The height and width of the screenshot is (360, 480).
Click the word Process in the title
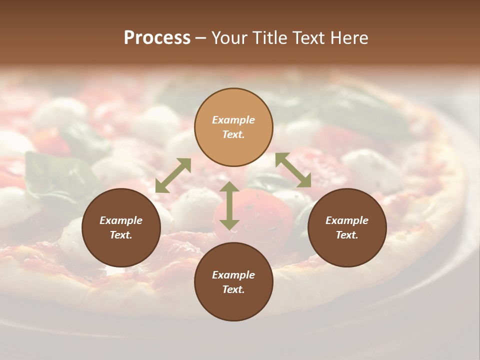click(x=157, y=38)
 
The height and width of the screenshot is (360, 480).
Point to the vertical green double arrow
click(x=229, y=205)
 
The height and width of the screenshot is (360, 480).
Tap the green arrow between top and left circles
click(x=173, y=175)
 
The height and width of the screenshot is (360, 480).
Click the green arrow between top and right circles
click(x=293, y=170)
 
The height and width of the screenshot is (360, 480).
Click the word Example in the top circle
click(x=233, y=120)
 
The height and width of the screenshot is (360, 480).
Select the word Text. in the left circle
click(x=121, y=235)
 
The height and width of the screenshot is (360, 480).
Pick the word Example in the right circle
click(x=347, y=220)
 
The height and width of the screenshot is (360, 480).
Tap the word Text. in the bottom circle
click(x=233, y=289)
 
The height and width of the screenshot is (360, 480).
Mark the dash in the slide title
click(x=201, y=38)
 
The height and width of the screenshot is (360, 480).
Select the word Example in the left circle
click(x=121, y=220)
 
